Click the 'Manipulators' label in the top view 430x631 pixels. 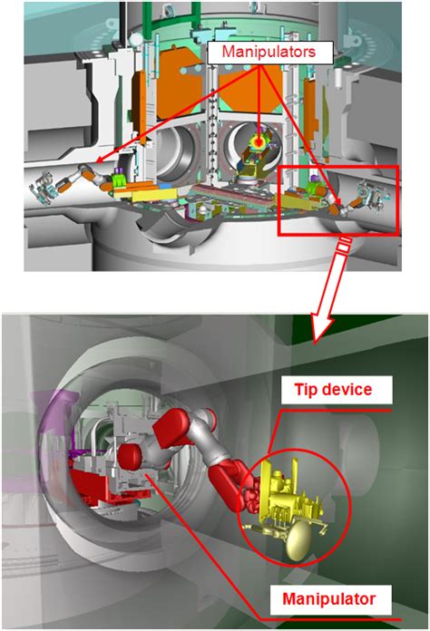click(x=269, y=52)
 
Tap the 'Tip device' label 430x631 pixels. click(x=333, y=390)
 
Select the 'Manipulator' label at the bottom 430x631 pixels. click(x=329, y=598)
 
